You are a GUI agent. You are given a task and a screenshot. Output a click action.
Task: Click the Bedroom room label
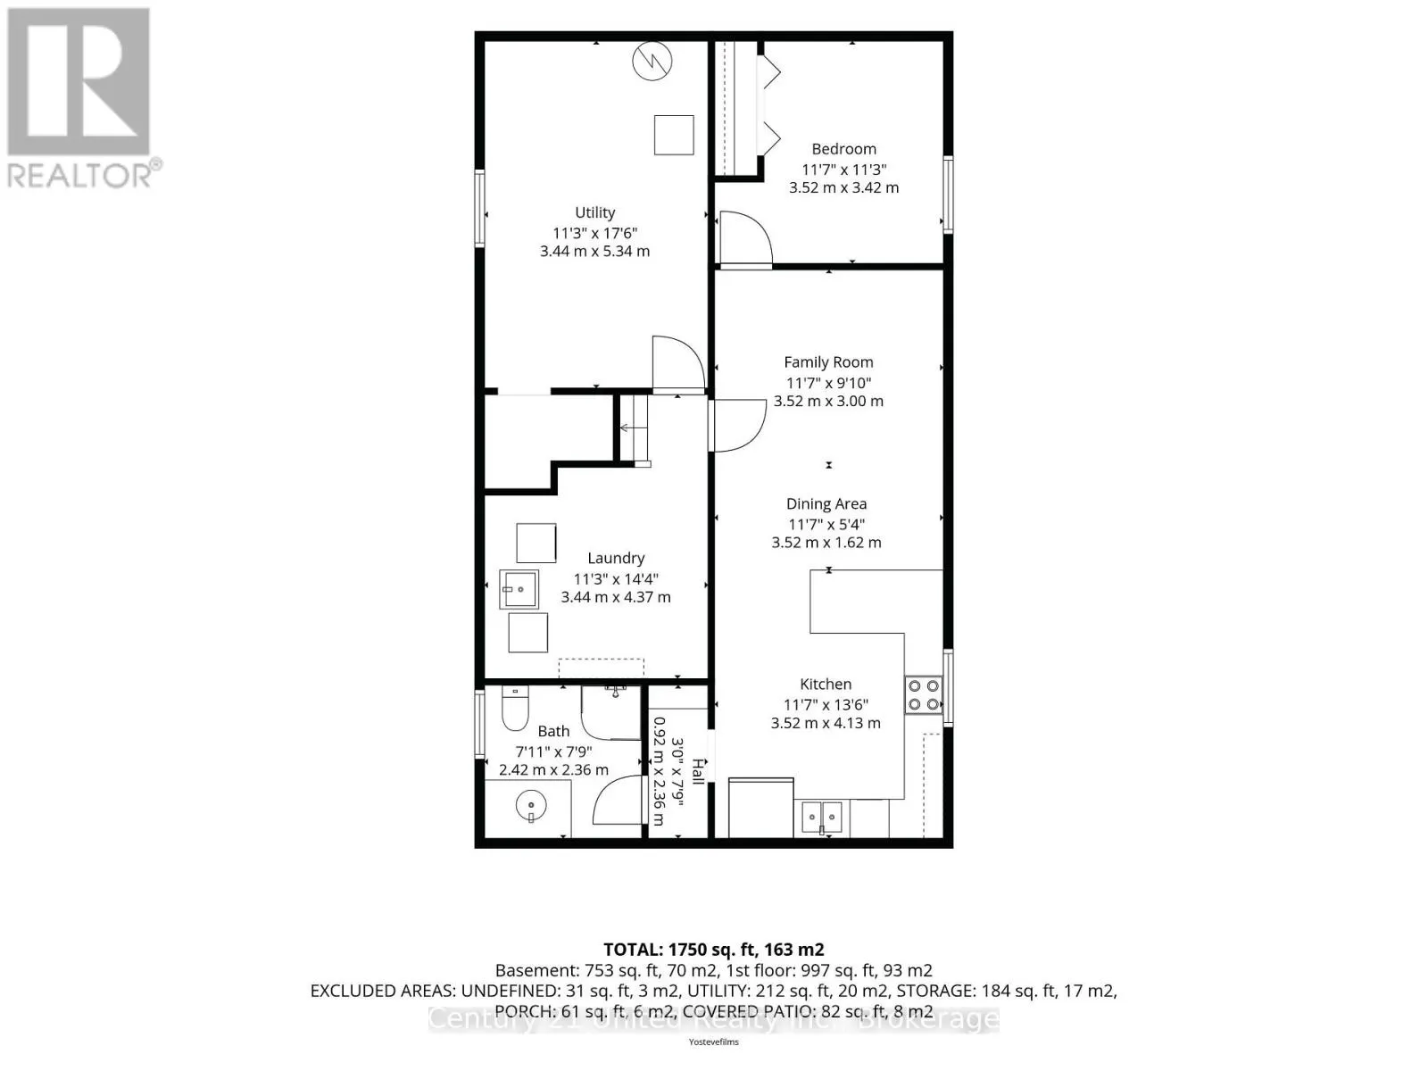tap(843, 149)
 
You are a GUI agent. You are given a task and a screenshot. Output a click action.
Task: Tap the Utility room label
tap(594, 212)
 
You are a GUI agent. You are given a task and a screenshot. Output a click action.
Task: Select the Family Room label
tap(828, 362)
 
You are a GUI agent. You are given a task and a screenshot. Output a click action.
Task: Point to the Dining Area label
tap(826, 504)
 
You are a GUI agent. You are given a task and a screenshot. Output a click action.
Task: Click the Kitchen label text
tap(826, 684)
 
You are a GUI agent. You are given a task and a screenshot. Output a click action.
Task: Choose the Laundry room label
tap(616, 558)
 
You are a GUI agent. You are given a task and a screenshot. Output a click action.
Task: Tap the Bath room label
tap(553, 732)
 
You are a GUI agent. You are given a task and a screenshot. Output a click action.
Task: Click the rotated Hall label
tap(698, 771)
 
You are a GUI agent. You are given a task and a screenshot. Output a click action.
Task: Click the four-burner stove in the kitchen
tap(924, 694)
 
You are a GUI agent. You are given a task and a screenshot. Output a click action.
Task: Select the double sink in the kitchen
tap(822, 818)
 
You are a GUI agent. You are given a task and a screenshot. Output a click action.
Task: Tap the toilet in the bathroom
tap(515, 708)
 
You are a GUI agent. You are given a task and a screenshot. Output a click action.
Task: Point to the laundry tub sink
tap(519, 590)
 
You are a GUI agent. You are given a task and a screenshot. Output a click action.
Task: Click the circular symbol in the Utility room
tap(652, 61)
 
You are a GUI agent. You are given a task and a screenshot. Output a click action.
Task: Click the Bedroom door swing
tap(745, 238)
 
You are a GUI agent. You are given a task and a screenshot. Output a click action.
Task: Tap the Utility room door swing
tap(678, 363)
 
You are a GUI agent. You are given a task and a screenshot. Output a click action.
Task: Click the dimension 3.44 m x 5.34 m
tap(594, 252)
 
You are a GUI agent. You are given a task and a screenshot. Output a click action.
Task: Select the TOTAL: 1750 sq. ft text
tap(678, 950)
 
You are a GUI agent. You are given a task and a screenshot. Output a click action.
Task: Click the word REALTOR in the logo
tap(79, 176)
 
